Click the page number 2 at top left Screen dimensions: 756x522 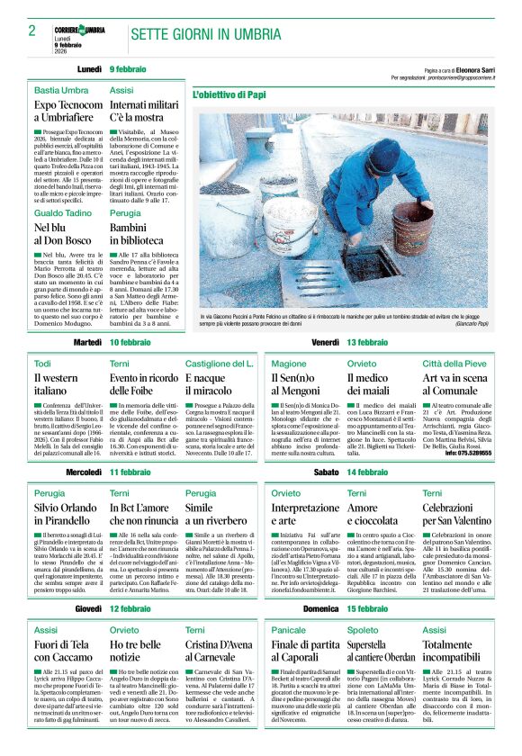(x=31, y=31)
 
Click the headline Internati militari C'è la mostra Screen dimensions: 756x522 (x=144, y=112)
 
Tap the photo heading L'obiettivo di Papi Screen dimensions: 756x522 (x=228, y=94)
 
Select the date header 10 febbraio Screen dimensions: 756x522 (x=130, y=343)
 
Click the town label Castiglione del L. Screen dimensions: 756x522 (x=220, y=363)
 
